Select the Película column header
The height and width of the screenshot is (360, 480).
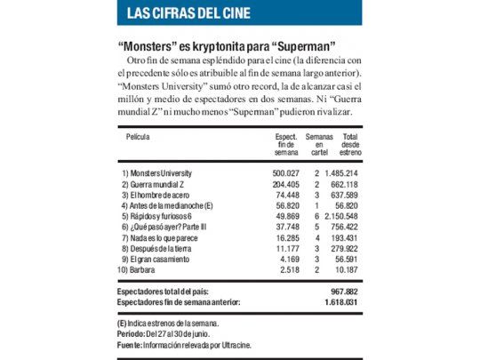[x=138, y=137]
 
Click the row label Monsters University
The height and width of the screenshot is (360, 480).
[x=161, y=172]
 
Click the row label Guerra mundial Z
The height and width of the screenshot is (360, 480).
[x=155, y=183]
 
